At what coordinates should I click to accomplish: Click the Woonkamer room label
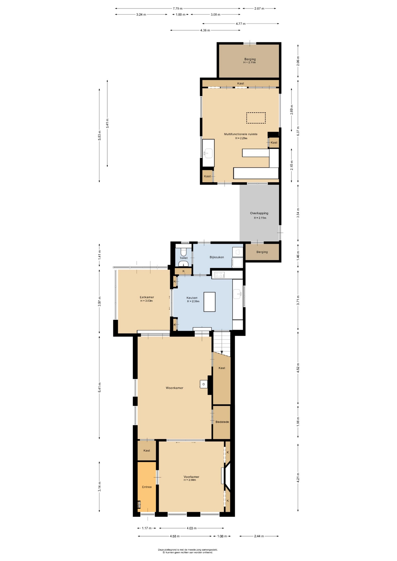(x=175, y=388)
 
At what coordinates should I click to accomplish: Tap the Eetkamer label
(x=147, y=297)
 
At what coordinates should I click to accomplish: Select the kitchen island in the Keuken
(x=210, y=302)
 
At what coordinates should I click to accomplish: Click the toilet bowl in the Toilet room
(x=184, y=252)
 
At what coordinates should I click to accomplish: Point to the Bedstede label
(x=222, y=422)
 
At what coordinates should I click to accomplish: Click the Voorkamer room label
(x=191, y=477)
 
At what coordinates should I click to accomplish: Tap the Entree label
(x=147, y=487)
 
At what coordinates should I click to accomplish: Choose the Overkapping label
(x=259, y=213)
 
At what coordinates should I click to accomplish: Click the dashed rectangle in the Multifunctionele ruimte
(x=256, y=118)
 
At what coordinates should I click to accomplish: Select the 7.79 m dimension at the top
(x=177, y=8)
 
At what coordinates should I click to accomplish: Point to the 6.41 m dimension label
(x=99, y=388)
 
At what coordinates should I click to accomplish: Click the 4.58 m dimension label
(x=175, y=536)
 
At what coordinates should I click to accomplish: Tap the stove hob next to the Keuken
(x=219, y=275)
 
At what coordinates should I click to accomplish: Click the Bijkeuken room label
(x=217, y=257)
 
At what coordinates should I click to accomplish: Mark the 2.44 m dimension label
(x=259, y=536)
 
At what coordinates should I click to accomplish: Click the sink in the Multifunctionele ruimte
(x=208, y=153)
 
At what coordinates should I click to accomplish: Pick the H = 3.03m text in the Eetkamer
(x=146, y=301)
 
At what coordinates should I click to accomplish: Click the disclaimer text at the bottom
(x=188, y=551)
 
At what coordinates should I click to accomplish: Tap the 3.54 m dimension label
(x=298, y=213)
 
